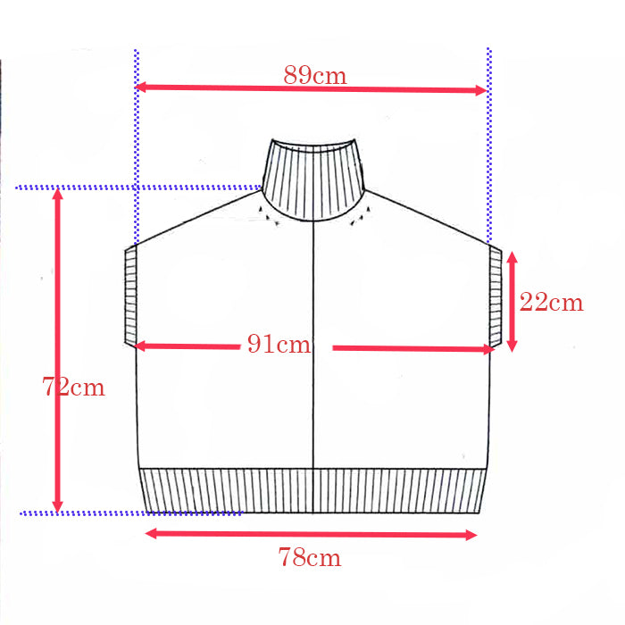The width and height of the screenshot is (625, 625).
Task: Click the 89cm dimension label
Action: [315, 74]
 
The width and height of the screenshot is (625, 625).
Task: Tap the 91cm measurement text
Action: [279, 344]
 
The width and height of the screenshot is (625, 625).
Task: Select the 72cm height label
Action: [73, 387]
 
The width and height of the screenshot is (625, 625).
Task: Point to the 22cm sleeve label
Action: [551, 302]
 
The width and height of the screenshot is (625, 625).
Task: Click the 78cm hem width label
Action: [310, 557]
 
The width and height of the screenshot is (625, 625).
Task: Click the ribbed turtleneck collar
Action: [313, 179]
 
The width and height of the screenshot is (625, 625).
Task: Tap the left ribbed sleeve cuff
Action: [130, 296]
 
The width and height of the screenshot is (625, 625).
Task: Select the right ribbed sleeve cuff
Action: [496, 296]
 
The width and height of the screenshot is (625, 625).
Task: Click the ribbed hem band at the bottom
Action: [313, 491]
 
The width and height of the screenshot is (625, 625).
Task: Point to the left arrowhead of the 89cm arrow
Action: [140, 87]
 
